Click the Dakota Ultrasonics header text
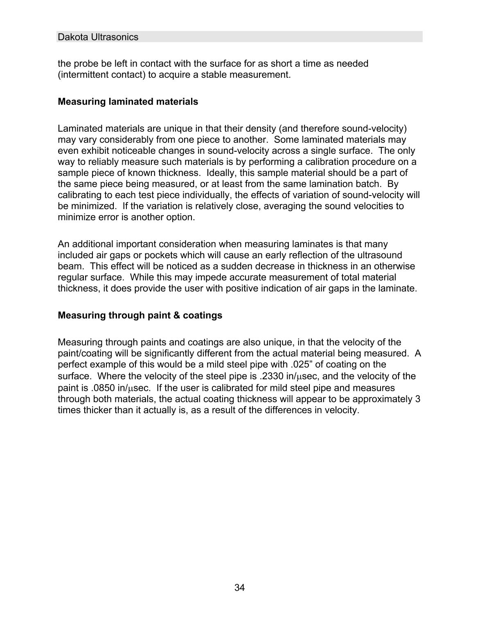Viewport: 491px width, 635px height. point(98,37)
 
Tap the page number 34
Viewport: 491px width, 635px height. point(240,588)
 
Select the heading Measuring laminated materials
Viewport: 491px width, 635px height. point(128,101)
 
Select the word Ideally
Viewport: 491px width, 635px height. point(221,173)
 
